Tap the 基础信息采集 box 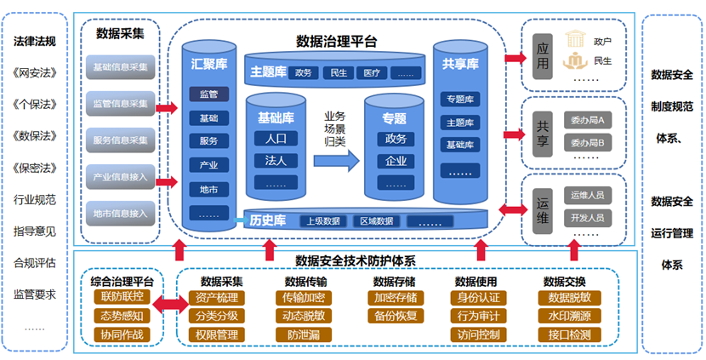[120, 66]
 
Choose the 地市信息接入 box [120, 213]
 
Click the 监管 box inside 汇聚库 [208, 94]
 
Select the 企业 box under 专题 [396, 161]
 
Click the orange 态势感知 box [122, 316]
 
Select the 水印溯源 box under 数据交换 [569, 316]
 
